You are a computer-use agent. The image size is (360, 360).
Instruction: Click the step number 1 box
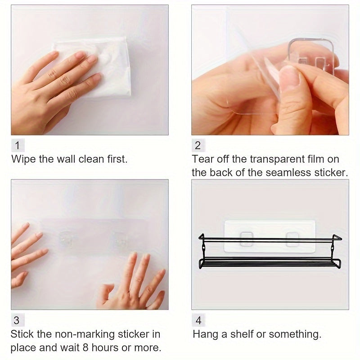click(17, 145)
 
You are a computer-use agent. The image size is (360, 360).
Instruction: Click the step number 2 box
click(198, 145)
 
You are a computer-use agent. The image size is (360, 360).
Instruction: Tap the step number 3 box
click(17, 320)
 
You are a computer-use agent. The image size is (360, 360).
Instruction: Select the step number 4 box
click(198, 320)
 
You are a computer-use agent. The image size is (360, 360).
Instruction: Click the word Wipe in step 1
click(23, 159)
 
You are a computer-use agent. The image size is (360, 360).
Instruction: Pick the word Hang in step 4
click(204, 334)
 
